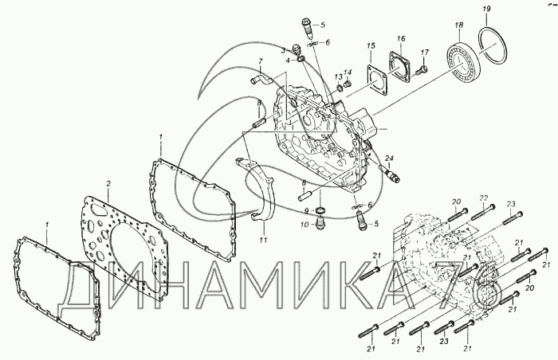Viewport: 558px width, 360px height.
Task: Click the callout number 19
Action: [486, 9]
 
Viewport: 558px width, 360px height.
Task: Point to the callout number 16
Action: [401, 38]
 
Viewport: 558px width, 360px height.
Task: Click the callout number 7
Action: [260, 61]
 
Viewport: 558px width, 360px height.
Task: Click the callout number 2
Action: [109, 183]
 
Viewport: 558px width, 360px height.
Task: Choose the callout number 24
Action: [389, 158]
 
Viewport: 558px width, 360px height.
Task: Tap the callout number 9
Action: [306, 211]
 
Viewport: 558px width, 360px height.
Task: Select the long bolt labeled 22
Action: [483, 212]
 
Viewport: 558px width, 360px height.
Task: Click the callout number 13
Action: [338, 76]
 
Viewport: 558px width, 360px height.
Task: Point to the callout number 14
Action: [348, 72]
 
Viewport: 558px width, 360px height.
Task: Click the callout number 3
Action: [283, 50]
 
